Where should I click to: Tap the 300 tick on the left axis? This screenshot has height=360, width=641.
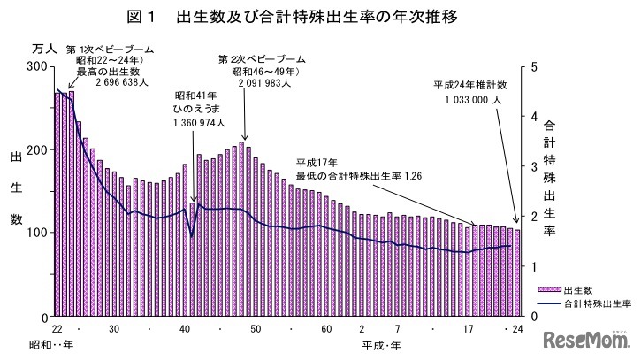click(x=37, y=67)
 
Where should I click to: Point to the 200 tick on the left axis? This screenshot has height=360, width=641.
click(x=37, y=149)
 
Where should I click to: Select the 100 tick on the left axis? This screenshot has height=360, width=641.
click(x=37, y=233)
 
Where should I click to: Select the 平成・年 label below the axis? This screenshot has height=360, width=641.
click(x=382, y=341)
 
